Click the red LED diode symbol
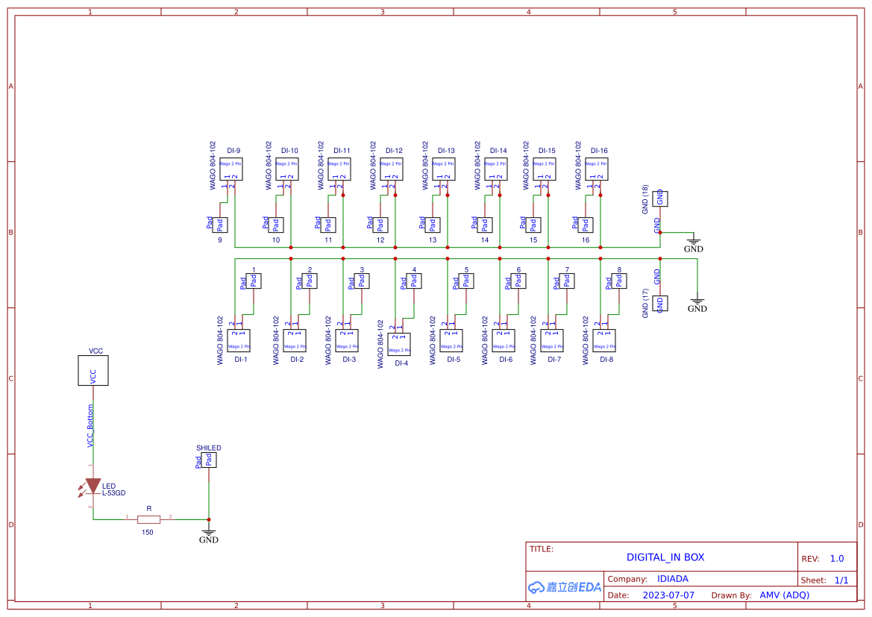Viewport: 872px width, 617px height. (92, 486)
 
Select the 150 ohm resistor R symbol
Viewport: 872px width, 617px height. (149, 518)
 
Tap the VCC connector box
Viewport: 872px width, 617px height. (93, 371)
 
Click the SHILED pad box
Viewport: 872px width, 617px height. (209, 460)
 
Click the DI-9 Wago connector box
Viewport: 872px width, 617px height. (231, 169)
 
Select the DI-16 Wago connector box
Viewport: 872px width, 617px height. (597, 169)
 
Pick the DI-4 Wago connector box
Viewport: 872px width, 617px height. (399, 344)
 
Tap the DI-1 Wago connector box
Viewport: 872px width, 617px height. (239, 340)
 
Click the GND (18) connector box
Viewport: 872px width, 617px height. (660, 198)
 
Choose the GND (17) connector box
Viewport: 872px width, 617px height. (660, 303)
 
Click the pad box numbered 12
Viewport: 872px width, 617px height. (380, 225)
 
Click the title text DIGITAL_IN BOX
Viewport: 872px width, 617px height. (665, 557)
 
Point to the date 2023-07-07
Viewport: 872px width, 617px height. (668, 595)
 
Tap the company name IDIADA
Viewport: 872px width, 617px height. (672, 579)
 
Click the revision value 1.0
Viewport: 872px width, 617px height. (836, 559)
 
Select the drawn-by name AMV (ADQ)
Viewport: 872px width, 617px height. (784, 595)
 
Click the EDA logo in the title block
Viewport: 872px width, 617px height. (564, 587)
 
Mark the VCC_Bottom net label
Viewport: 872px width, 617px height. (91, 426)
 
